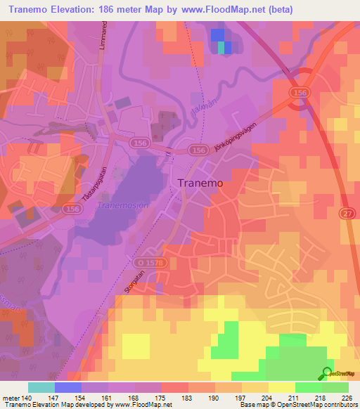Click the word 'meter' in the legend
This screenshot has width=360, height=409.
13,396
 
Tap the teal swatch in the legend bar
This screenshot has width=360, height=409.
41,387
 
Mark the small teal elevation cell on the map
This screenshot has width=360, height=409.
223,48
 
